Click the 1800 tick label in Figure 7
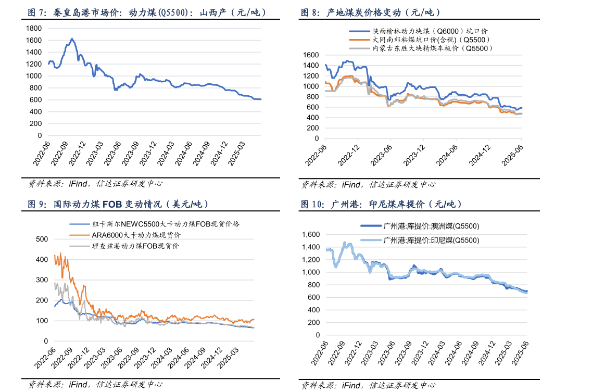click(34, 28)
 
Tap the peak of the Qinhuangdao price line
click(72, 39)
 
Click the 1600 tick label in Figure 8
click(310, 55)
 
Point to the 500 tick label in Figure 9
click(41, 239)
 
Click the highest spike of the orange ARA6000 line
click(60, 253)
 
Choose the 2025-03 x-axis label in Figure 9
click(228, 362)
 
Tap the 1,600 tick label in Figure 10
click(311, 235)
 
